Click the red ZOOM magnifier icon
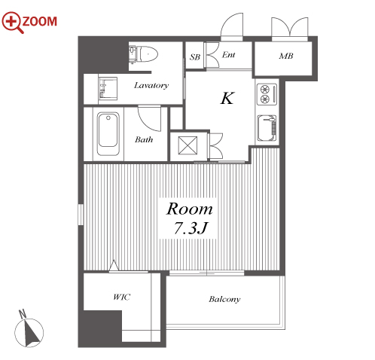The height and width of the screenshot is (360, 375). click(11, 22)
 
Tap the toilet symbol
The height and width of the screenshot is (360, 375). click(143, 54)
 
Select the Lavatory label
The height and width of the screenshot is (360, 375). click(151, 86)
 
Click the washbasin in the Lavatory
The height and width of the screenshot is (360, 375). click(108, 88)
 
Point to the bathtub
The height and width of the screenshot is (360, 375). click(108, 133)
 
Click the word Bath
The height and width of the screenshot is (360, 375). click(144, 139)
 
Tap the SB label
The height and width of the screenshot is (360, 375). click(195, 57)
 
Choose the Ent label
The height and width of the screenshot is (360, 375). click(228, 55)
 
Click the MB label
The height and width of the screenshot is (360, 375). click(286, 56)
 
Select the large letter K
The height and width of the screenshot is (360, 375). click(227, 98)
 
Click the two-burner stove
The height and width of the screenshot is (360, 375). click(267, 94)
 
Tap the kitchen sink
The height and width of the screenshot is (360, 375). click(267, 128)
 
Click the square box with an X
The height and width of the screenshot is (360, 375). click(187, 145)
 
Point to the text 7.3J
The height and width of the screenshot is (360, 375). click(191, 228)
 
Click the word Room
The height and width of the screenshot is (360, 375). click(189, 209)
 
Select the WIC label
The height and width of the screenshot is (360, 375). click(121, 297)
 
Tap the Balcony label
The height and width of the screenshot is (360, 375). click(224, 299)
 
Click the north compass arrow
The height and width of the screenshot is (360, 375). click(32, 332)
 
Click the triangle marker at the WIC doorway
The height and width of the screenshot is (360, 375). click(114, 265)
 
